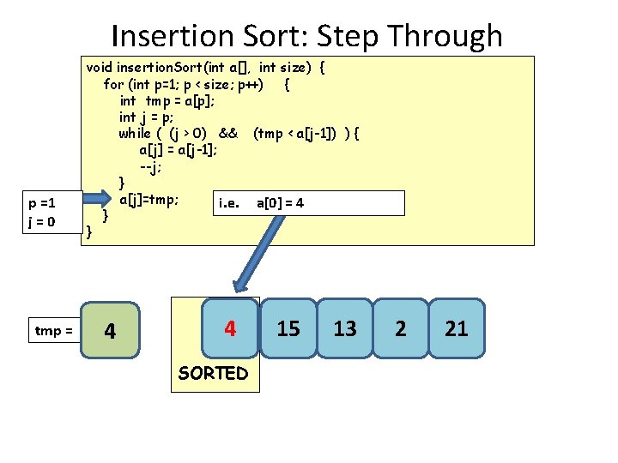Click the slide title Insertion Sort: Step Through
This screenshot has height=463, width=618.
[x=306, y=36]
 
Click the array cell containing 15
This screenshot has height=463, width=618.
[x=288, y=328]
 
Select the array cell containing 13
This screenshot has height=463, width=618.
[x=345, y=328]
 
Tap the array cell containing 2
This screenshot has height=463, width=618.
[x=401, y=328]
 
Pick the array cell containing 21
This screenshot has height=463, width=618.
[x=457, y=328]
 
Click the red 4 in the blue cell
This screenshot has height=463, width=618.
[x=230, y=328]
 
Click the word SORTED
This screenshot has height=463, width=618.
[x=214, y=373]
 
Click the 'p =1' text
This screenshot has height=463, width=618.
[x=42, y=204]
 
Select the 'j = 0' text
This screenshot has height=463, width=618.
[x=42, y=221]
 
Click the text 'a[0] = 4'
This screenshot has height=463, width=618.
[x=280, y=203]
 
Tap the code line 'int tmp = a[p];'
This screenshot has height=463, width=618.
[x=167, y=100]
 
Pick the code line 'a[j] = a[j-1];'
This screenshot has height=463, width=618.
[x=178, y=149]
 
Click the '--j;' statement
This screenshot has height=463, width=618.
[x=150, y=165]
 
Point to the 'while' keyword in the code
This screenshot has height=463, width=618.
[x=135, y=133]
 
